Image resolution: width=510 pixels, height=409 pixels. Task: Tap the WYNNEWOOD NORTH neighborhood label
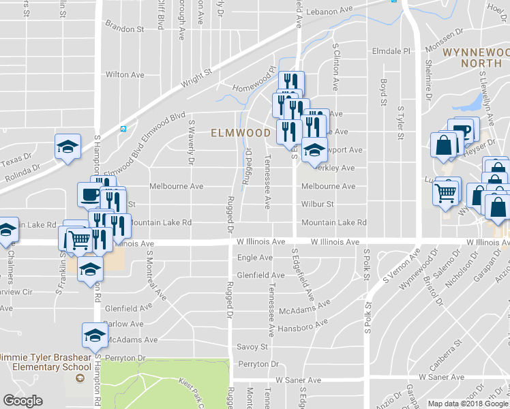coord(475,57)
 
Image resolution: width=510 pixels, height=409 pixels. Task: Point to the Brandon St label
coord(124,30)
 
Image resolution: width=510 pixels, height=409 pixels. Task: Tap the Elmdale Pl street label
coord(389,51)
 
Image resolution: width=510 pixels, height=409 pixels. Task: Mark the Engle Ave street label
coord(254,258)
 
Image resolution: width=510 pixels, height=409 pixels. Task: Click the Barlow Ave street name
coord(124,324)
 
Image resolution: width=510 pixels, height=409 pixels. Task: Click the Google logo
coord(22,401)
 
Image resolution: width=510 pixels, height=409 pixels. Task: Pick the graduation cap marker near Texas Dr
coord(68,147)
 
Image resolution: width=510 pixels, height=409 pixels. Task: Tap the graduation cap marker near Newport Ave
coord(314,149)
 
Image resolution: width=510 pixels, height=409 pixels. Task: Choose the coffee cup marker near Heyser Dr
coord(461,131)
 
